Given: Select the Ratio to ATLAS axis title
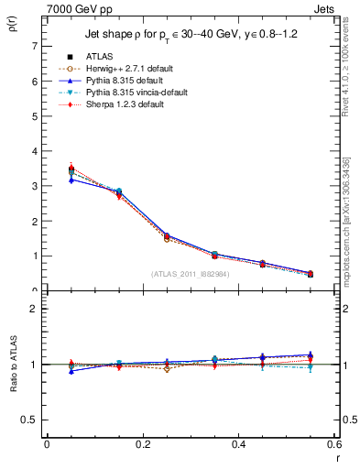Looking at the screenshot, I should [x=12, y=365].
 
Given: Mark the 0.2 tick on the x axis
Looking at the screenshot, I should [x=143, y=444].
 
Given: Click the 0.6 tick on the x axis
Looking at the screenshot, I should [x=334, y=444].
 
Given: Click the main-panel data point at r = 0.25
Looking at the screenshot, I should [x=143, y=237].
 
